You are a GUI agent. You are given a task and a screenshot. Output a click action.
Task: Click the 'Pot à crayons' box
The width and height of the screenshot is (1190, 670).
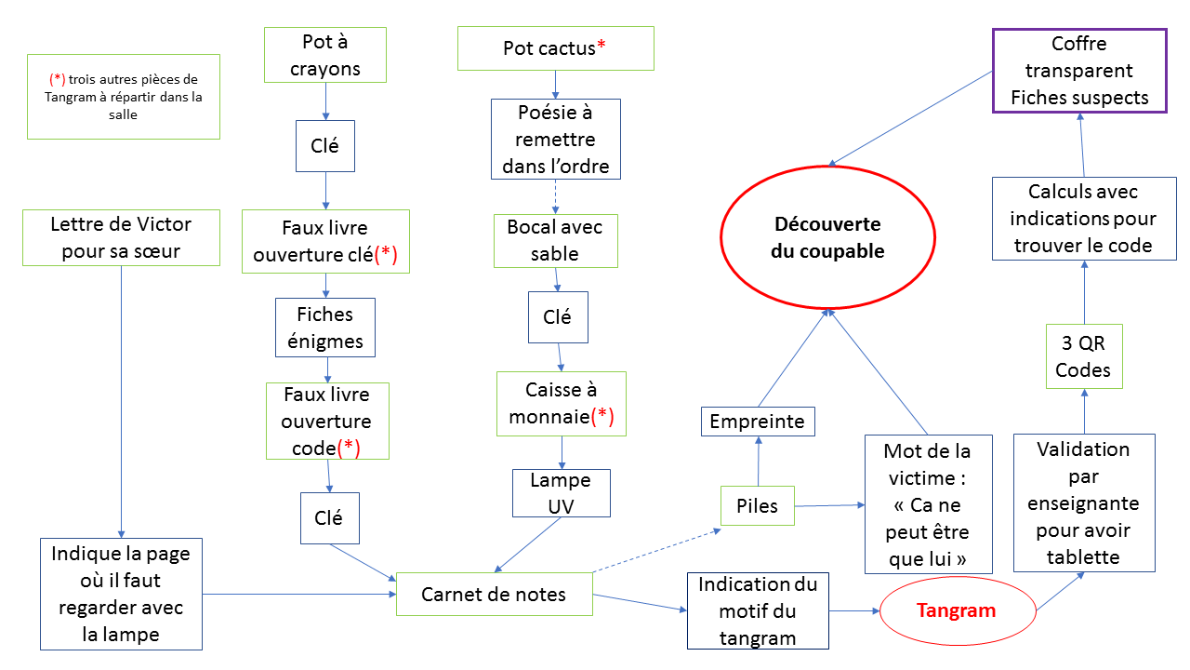(x=324, y=55)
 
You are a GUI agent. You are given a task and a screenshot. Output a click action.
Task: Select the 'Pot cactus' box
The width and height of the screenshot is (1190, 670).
(x=555, y=48)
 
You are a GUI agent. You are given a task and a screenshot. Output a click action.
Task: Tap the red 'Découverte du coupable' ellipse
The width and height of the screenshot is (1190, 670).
(x=826, y=238)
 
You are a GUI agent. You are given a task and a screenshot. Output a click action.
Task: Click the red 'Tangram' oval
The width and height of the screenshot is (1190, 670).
(x=957, y=610)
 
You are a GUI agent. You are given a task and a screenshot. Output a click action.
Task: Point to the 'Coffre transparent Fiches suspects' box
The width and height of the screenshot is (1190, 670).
(x=1078, y=71)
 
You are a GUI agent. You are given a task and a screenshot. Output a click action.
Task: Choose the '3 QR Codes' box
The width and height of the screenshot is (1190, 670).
(x=1083, y=356)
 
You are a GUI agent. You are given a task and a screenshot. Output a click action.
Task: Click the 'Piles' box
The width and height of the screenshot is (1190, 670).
(x=757, y=506)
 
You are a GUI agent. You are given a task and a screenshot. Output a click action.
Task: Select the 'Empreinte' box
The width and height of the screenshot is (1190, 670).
(x=757, y=422)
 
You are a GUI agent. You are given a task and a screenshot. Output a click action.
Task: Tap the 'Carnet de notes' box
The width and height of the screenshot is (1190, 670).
(x=494, y=594)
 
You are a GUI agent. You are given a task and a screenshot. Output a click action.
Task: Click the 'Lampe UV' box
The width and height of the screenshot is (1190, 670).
(x=561, y=493)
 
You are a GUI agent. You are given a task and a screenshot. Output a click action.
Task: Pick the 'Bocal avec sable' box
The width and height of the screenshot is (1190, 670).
(x=555, y=240)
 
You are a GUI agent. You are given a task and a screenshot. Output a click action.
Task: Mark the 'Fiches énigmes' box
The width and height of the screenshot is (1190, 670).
(x=325, y=328)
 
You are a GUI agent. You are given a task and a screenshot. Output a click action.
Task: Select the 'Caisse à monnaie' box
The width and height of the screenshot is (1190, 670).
(x=561, y=403)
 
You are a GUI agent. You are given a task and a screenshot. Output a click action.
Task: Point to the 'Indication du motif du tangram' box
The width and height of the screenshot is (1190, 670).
(x=758, y=611)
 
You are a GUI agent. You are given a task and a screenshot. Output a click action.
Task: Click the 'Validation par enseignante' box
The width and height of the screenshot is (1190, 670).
(x=1083, y=502)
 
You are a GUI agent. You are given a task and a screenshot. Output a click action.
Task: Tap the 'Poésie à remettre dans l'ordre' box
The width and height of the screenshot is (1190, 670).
(x=555, y=140)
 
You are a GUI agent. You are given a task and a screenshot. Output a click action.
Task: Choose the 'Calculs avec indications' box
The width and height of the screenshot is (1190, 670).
(x=1083, y=219)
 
